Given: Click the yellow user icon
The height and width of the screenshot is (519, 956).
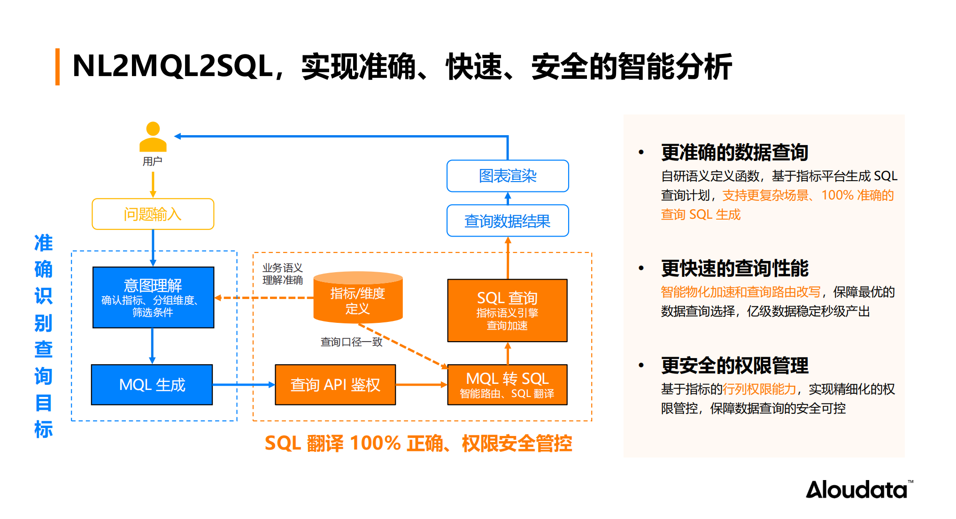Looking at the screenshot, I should [x=153, y=137].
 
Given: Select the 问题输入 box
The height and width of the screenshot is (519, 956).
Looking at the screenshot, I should [x=153, y=214].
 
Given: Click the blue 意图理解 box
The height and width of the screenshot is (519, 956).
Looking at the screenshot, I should [x=153, y=297].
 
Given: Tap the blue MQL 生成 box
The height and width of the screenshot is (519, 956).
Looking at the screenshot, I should [x=152, y=384].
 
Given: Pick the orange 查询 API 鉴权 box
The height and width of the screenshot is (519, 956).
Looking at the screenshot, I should [x=335, y=384].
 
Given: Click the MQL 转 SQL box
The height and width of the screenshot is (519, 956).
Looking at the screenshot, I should [x=507, y=384].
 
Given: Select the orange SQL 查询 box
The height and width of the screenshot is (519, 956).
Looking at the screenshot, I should [x=507, y=310].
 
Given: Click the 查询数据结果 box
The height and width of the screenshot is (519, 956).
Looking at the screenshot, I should [x=508, y=221].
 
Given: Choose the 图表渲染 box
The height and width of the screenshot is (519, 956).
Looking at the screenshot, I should [x=508, y=176].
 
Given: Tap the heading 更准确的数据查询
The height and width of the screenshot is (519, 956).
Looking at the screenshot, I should [x=734, y=153].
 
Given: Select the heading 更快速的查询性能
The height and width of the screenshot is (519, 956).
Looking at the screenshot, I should [x=734, y=268].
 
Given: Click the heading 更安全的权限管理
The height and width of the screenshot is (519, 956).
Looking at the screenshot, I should [x=734, y=366].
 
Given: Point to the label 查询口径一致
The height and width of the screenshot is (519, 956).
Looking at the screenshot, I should [x=351, y=342].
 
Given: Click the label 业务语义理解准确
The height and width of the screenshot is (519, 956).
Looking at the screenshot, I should [x=282, y=274].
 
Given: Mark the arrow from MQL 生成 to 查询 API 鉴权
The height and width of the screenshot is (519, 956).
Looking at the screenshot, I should [x=243, y=384].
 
